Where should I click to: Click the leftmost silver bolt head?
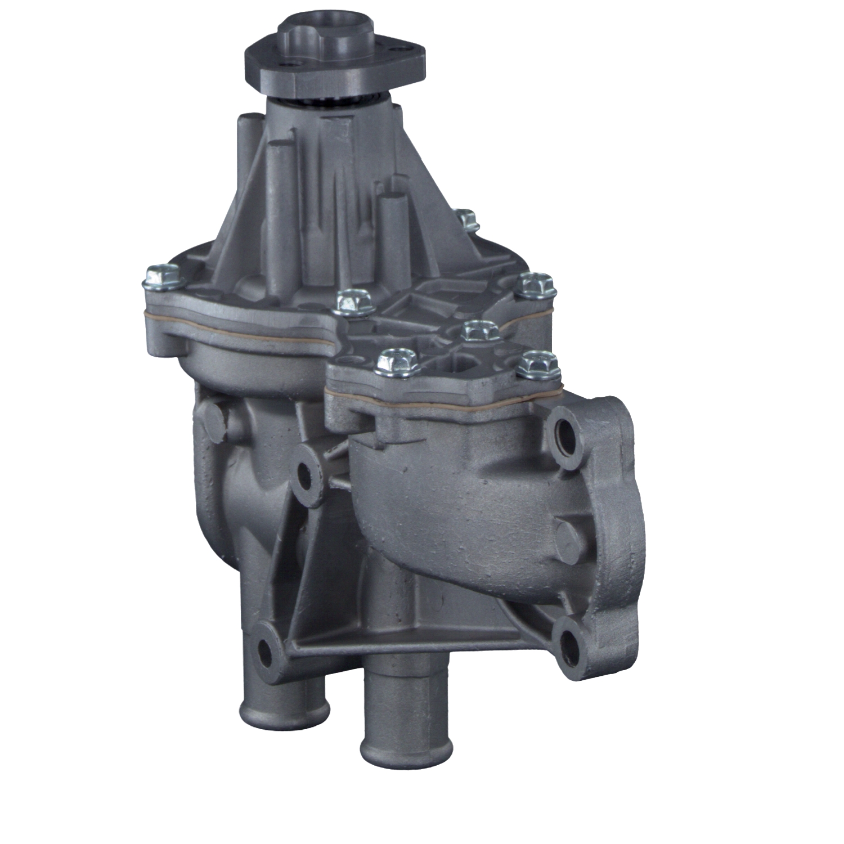pos(162,275)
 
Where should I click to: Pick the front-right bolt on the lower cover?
pos(536,364)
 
